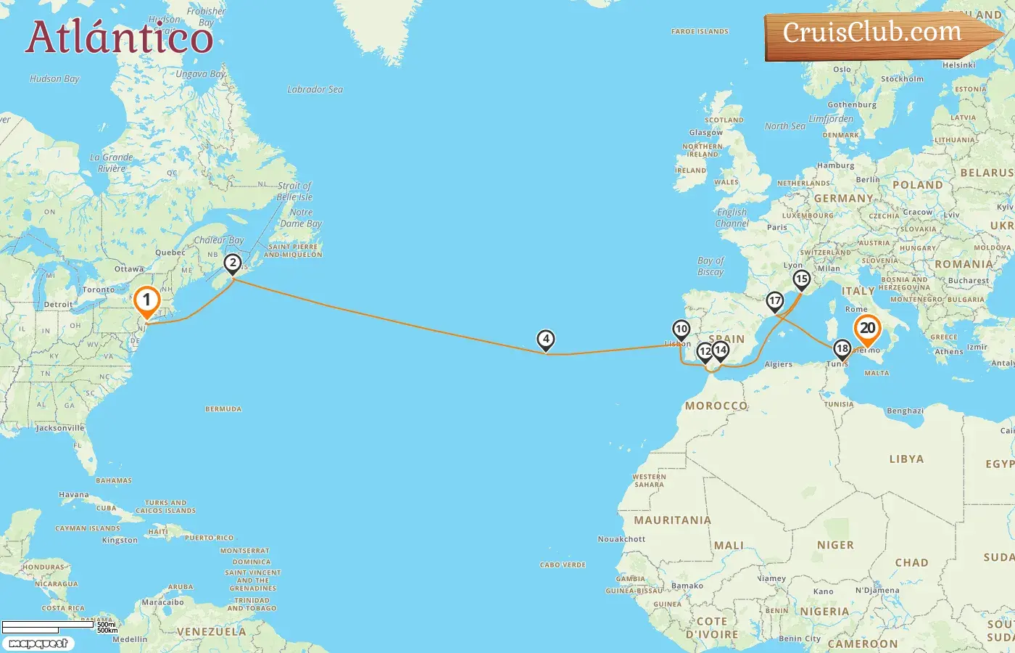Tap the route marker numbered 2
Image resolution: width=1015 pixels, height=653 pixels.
click(232, 263)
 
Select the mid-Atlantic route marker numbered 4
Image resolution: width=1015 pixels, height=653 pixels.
click(545, 339)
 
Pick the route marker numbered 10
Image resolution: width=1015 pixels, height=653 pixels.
click(681, 329)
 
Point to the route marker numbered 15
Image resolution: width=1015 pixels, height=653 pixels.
click(801, 279)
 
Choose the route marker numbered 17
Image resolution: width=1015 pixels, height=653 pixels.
click(775, 301)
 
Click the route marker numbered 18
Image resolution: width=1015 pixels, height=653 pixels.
click(842, 349)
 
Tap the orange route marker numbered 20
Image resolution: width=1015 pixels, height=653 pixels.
click(867, 329)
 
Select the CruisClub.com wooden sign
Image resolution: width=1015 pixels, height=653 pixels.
click(877, 34)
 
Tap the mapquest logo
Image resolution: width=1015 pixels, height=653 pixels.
click(38, 644)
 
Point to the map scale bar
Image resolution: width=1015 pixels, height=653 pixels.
click(48, 625)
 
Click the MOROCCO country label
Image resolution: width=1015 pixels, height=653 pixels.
click(716, 406)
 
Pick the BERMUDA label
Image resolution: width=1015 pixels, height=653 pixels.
click(223, 409)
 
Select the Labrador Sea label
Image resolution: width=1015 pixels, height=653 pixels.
click(315, 90)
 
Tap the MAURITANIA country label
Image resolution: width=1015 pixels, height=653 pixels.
click(672, 520)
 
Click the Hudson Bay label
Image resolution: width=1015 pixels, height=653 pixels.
click(54, 79)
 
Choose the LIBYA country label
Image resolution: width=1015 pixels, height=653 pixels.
click(906, 459)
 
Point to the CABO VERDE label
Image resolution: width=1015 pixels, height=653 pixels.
click(563, 565)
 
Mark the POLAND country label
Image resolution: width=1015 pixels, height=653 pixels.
click(917, 185)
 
